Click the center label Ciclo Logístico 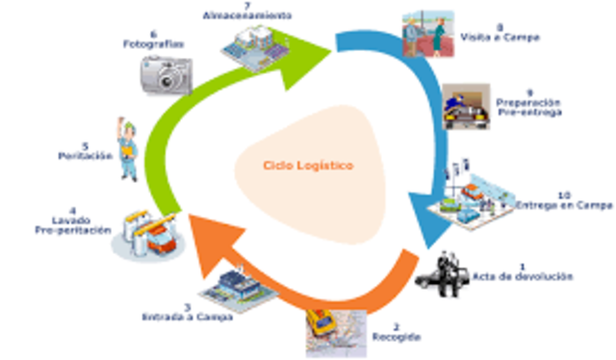click(x=307, y=166)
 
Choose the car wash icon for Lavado click(x=146, y=232)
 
